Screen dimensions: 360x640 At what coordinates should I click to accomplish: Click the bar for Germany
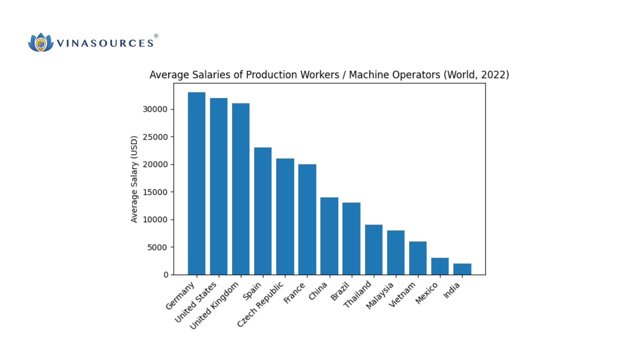coord(196,183)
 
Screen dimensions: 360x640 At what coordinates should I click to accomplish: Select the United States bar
coord(219,186)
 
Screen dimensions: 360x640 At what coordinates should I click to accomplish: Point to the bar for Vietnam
coord(418,258)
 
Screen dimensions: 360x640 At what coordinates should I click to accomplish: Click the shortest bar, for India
coord(462,269)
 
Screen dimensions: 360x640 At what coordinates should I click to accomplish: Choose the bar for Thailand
coord(373,250)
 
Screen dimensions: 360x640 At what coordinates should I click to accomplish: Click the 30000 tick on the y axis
coord(155,109)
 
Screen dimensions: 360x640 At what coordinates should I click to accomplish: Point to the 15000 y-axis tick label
coord(155,192)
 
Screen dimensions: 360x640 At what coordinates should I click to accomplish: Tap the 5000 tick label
coord(157,247)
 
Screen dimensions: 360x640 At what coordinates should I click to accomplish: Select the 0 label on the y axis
coord(166,275)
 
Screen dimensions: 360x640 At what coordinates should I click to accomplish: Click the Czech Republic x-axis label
coord(260,304)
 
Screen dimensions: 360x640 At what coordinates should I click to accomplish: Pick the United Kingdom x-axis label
coord(214,306)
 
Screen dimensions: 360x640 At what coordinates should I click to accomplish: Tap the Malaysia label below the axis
coord(380,296)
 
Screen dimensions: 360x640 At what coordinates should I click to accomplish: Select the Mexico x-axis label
coord(426,293)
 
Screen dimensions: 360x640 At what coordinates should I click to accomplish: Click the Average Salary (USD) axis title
coord(134,179)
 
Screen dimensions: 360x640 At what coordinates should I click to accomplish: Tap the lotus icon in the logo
coord(41,43)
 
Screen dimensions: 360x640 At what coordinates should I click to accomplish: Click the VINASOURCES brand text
coord(105,43)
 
